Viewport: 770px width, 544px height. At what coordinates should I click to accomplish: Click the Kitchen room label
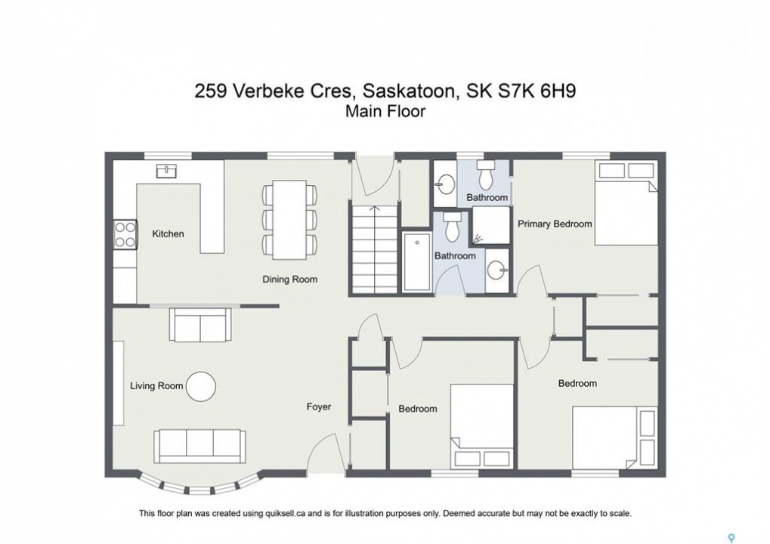[x=168, y=233]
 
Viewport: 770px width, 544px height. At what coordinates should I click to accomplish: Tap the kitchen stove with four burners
[x=125, y=235]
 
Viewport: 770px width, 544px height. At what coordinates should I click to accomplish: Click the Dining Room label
[x=289, y=280]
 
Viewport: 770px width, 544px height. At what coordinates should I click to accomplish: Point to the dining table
[x=289, y=220]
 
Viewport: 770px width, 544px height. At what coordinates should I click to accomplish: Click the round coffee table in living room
[x=201, y=386]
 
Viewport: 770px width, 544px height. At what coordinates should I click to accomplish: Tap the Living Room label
[x=156, y=386]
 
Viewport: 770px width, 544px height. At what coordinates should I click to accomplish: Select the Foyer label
[x=319, y=406]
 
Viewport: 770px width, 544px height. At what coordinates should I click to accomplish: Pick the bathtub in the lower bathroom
[x=417, y=262]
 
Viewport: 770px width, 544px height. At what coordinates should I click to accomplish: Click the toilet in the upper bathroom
[x=486, y=175]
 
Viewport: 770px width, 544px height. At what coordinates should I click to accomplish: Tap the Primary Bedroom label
[x=555, y=224]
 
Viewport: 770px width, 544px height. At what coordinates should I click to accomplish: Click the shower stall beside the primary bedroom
[x=491, y=225]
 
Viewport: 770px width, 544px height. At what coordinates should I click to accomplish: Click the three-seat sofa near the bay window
[x=199, y=447]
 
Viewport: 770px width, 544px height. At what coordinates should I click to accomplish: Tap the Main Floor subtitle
[x=385, y=111]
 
